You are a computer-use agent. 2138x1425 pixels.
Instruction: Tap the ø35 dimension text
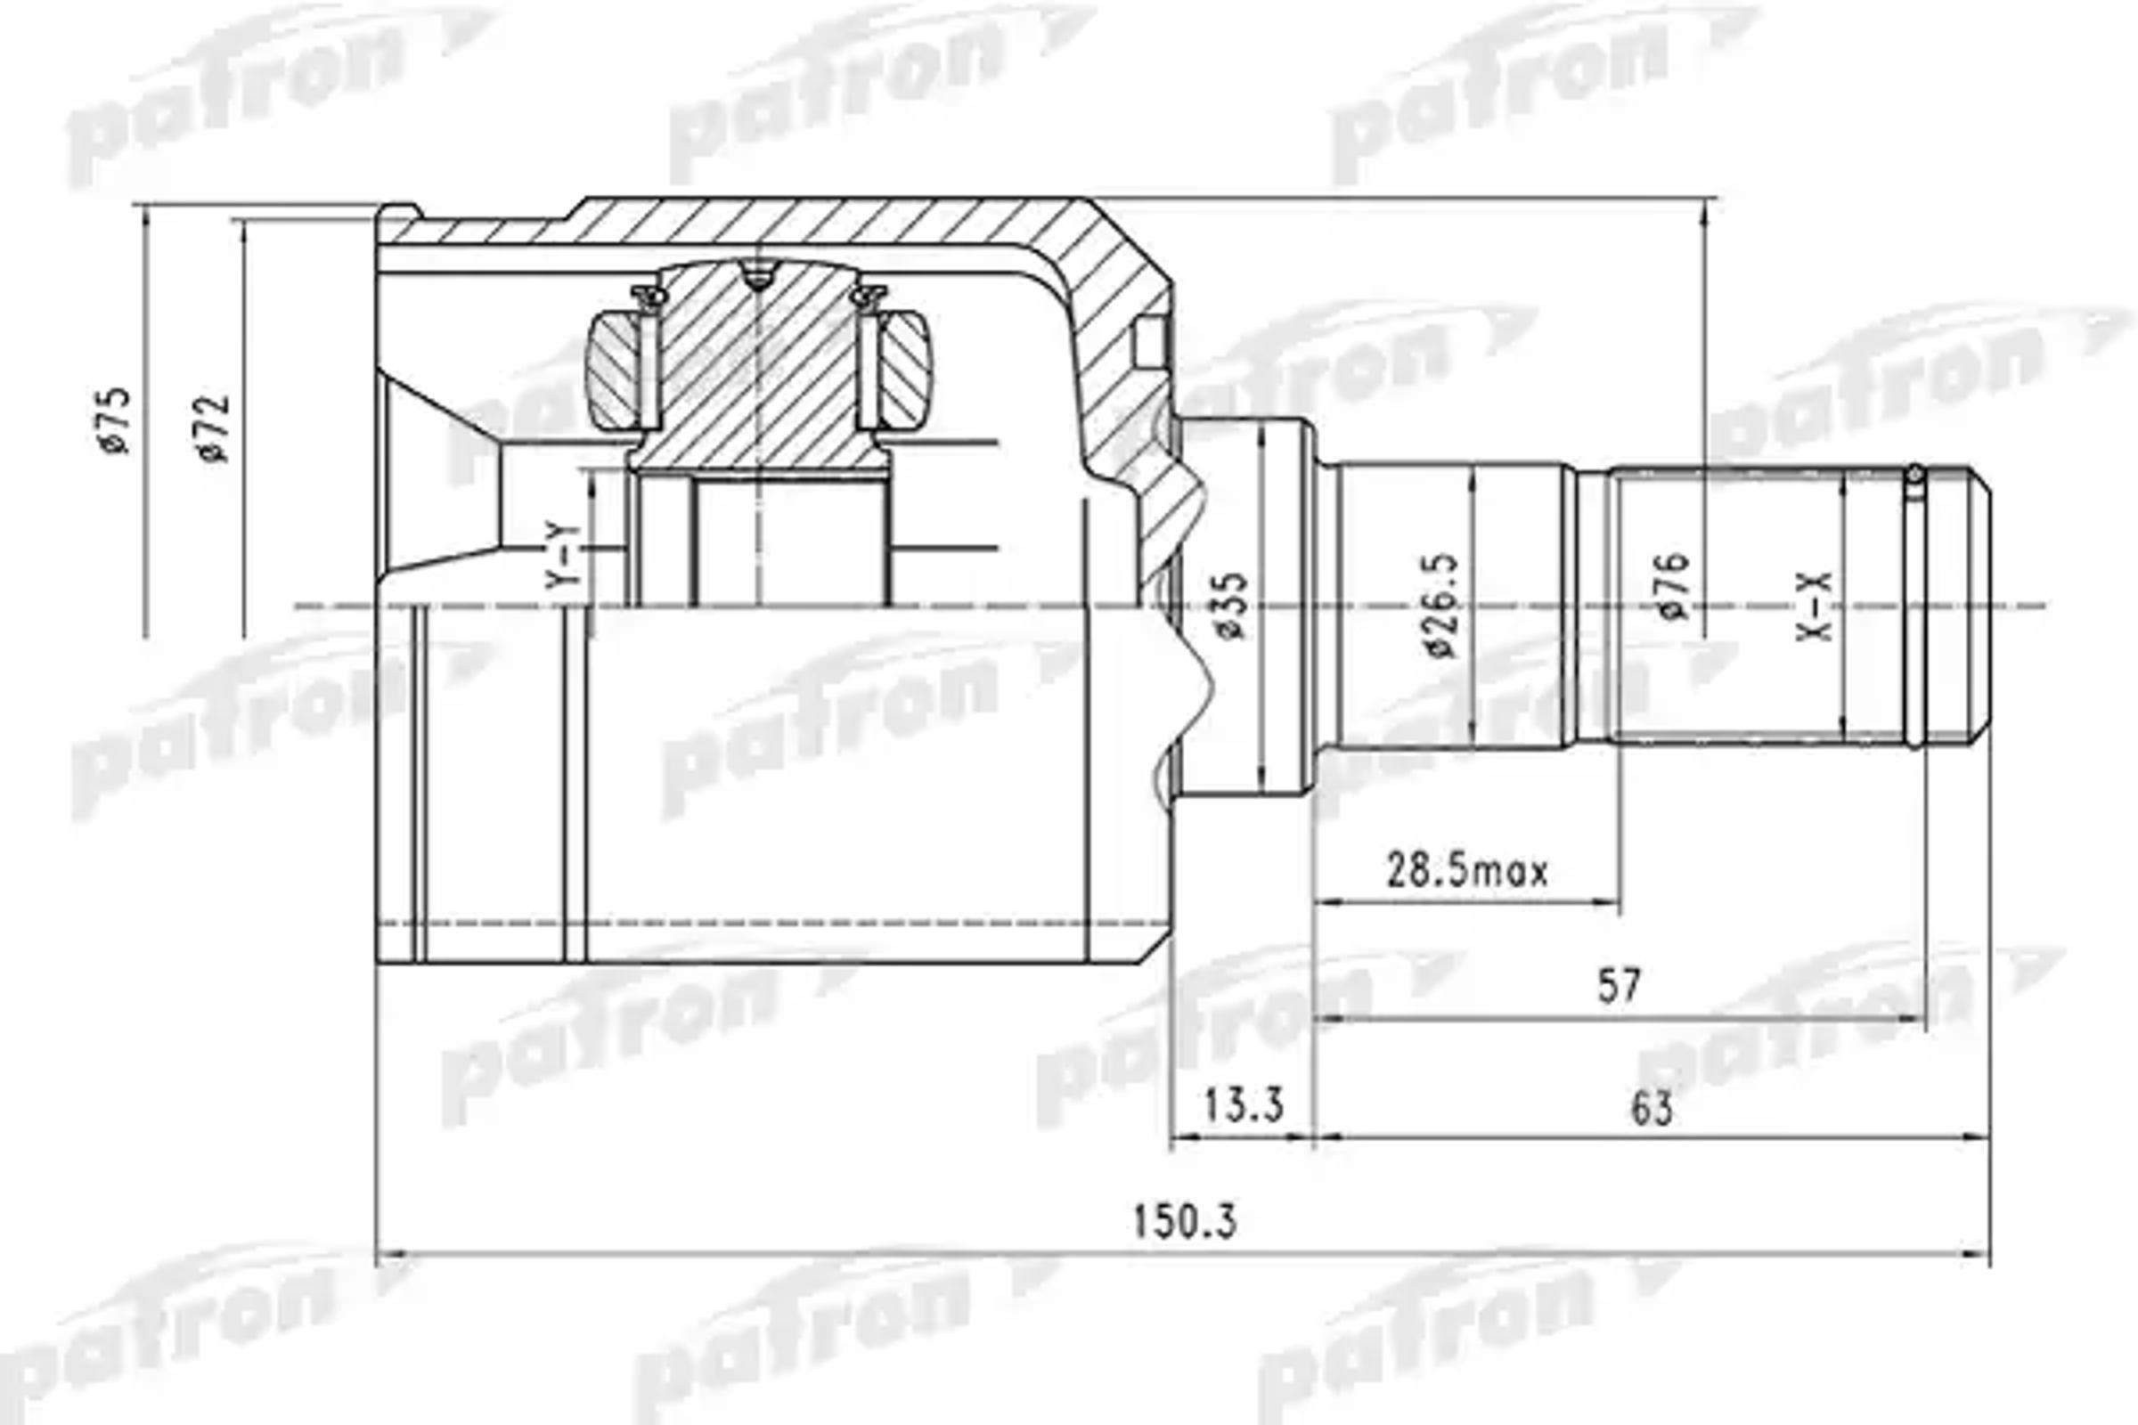[x=1233, y=607]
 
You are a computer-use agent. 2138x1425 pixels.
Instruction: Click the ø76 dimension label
[x=1674, y=586]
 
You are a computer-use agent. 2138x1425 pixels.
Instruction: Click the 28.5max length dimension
[x=1466, y=873]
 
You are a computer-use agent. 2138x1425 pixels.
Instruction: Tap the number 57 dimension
[x=1619, y=987]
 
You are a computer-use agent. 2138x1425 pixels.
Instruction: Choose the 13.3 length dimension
[x=1243, y=1106]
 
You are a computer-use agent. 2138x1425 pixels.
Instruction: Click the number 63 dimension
[x=1652, y=1110]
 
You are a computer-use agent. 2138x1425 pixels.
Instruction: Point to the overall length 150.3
[x=1185, y=1222]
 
